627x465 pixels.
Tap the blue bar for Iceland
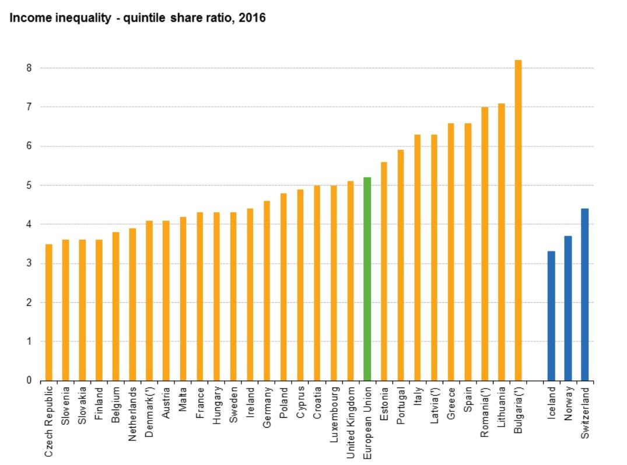551,316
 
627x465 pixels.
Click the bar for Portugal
401,265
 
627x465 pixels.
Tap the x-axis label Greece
451,403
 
